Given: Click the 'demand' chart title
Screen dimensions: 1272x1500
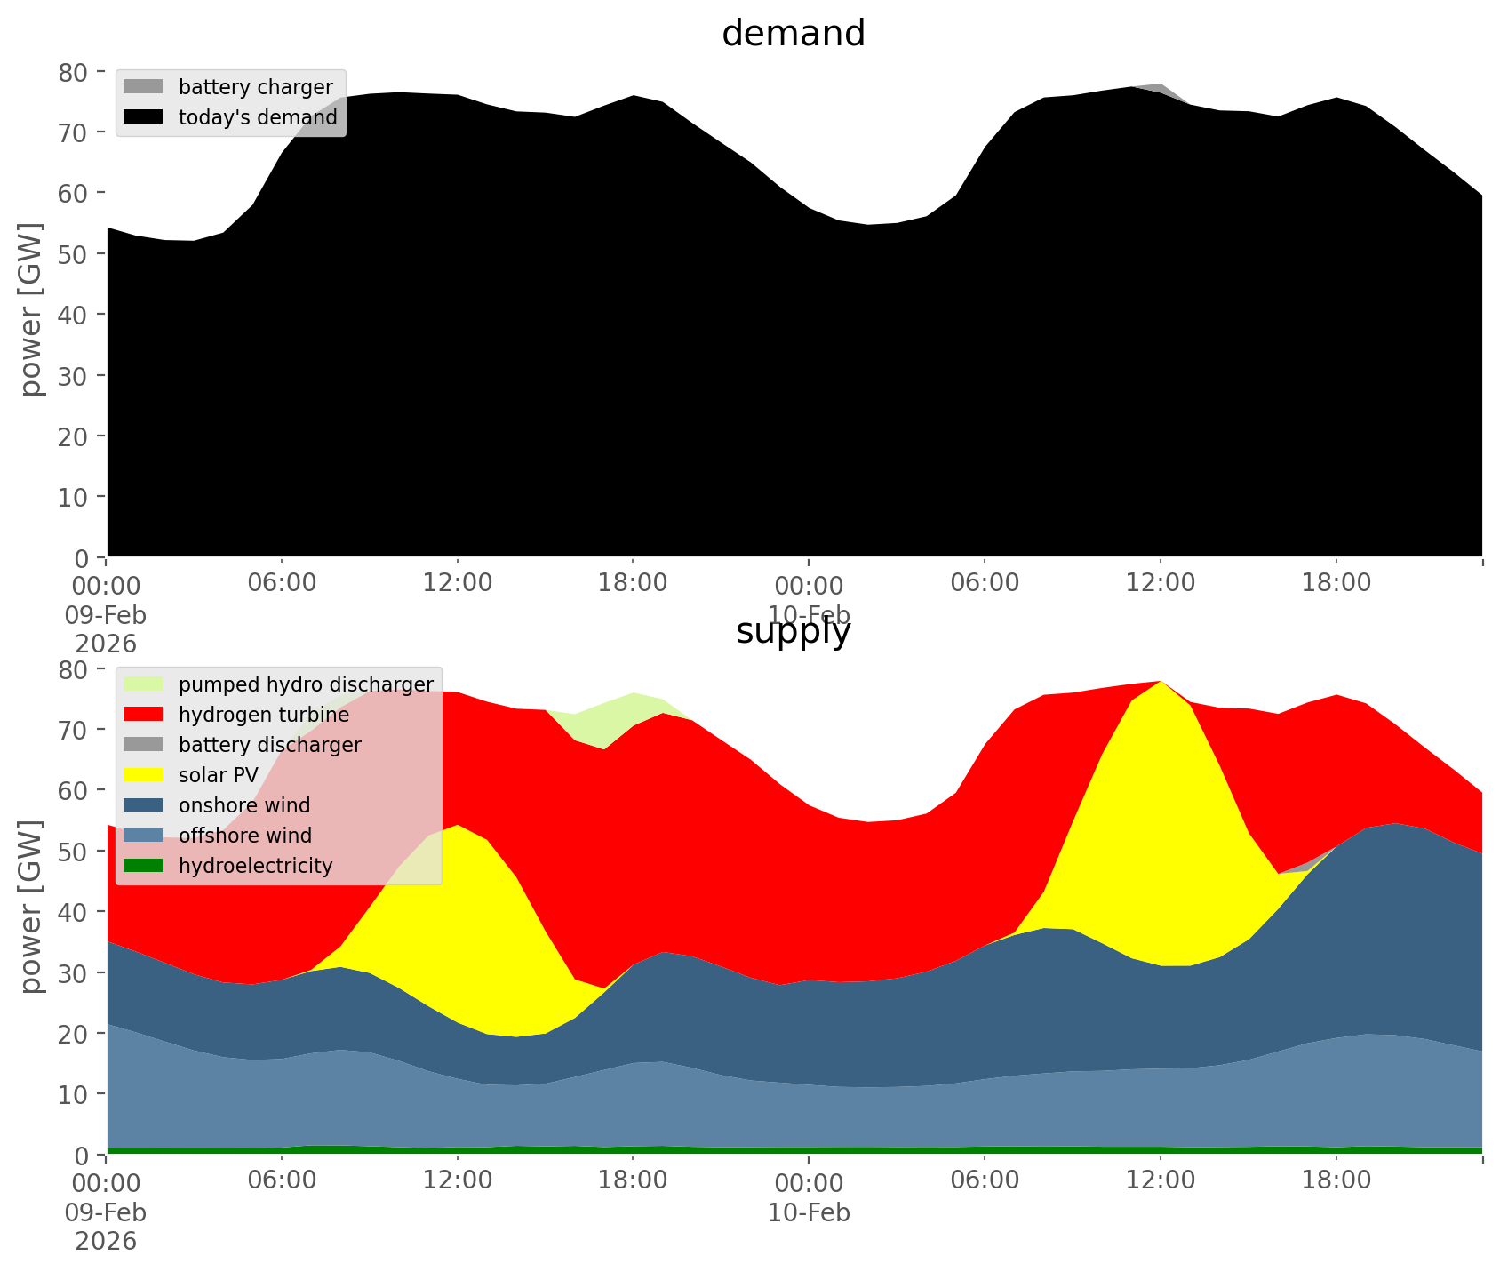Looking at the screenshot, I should [x=794, y=34].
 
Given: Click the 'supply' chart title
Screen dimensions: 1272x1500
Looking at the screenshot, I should [x=794, y=632].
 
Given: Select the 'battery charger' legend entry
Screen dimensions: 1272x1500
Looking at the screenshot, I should [x=255, y=87].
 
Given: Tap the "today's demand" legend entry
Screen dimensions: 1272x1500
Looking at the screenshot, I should [x=258, y=117].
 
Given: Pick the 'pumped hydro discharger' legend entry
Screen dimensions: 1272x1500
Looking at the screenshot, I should [x=306, y=684].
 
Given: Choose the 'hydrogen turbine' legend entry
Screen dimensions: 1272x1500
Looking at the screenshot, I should [x=264, y=715].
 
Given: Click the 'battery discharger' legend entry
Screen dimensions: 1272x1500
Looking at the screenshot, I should [x=269, y=745].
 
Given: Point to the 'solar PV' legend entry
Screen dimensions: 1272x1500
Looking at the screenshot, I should [x=218, y=775].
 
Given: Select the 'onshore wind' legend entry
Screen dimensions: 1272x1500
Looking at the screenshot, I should [x=244, y=805].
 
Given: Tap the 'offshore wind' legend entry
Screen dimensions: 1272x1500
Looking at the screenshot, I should [x=245, y=836].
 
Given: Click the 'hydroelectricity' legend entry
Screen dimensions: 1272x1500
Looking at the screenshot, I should [x=255, y=866].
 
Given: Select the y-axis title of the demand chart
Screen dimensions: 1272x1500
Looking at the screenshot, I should [x=31, y=309].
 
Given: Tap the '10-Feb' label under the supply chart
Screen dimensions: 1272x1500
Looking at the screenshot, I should [x=809, y=1212].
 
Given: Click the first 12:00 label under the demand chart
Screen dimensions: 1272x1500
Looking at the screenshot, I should [x=458, y=584].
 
